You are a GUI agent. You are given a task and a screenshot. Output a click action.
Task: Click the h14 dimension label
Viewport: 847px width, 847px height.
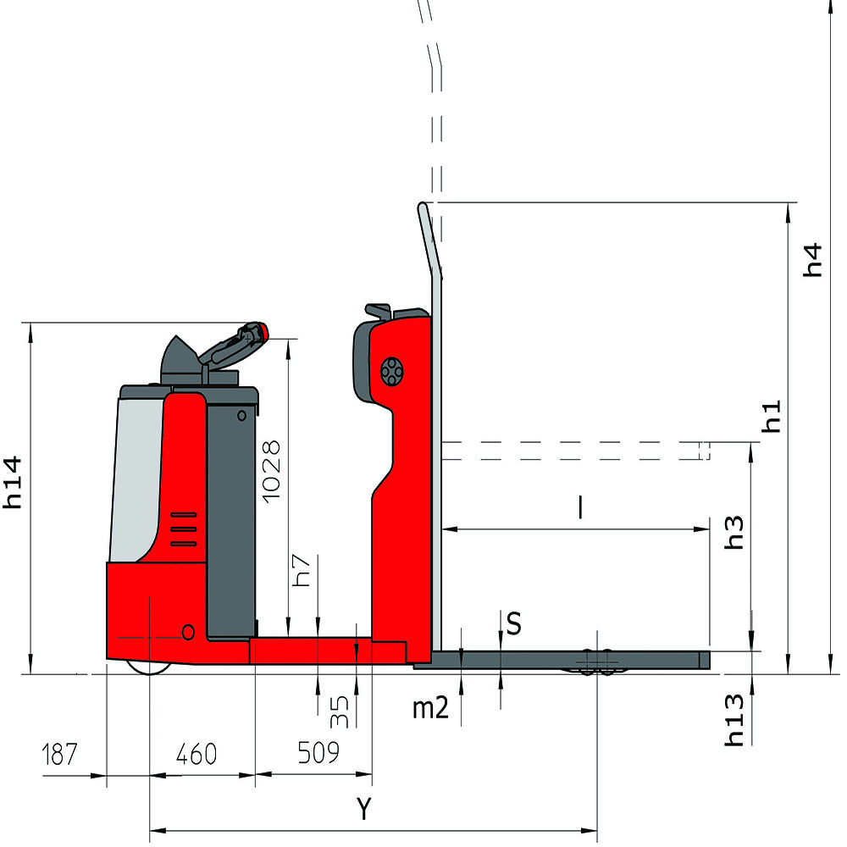13,483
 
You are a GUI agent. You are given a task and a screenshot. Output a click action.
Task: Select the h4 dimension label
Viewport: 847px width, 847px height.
812,260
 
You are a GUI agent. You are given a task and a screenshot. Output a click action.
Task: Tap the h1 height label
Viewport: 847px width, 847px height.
772,416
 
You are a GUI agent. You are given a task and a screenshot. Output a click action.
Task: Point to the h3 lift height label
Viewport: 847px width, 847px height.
734,533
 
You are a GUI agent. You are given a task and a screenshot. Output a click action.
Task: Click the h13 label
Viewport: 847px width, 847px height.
734,720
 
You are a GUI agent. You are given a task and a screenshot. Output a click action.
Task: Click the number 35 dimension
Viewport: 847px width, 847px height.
339,711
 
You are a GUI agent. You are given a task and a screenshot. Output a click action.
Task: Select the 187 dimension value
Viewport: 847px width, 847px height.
59,754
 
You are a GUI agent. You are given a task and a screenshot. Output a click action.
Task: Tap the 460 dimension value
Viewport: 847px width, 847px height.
197,754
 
